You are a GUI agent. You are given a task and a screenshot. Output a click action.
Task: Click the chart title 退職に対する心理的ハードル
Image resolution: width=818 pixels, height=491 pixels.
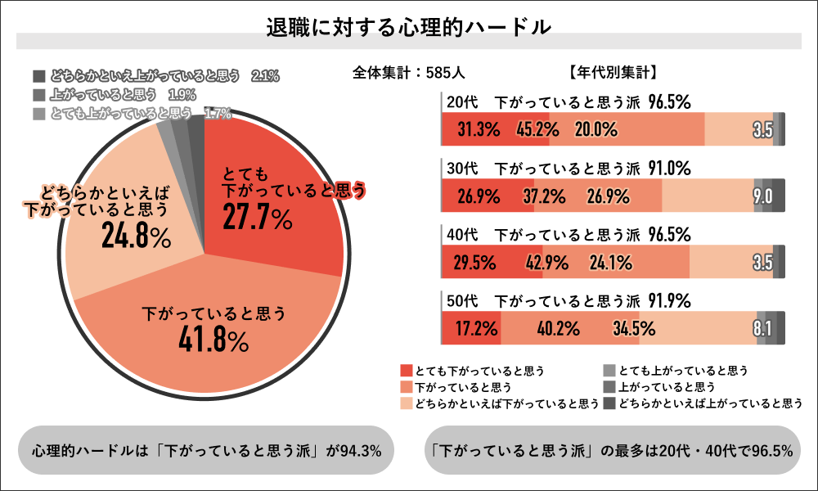pyautogui.click(x=409, y=26)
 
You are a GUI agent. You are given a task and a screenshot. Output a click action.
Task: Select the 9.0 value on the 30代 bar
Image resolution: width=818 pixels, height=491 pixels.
pyautogui.click(x=762, y=196)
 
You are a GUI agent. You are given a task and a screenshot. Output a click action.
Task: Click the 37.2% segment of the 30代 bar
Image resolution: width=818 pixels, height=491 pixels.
pyautogui.click(x=543, y=196)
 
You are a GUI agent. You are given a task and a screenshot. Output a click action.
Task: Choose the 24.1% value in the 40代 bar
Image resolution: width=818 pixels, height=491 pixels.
pyautogui.click(x=609, y=263)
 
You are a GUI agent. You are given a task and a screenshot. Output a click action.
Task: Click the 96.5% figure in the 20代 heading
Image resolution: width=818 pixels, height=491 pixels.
pyautogui.click(x=670, y=102)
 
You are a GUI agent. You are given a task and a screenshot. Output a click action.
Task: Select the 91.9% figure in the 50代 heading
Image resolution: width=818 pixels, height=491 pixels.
pyautogui.click(x=670, y=299)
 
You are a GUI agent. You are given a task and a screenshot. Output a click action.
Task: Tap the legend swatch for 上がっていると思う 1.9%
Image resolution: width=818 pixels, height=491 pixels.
pyautogui.click(x=39, y=94)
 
